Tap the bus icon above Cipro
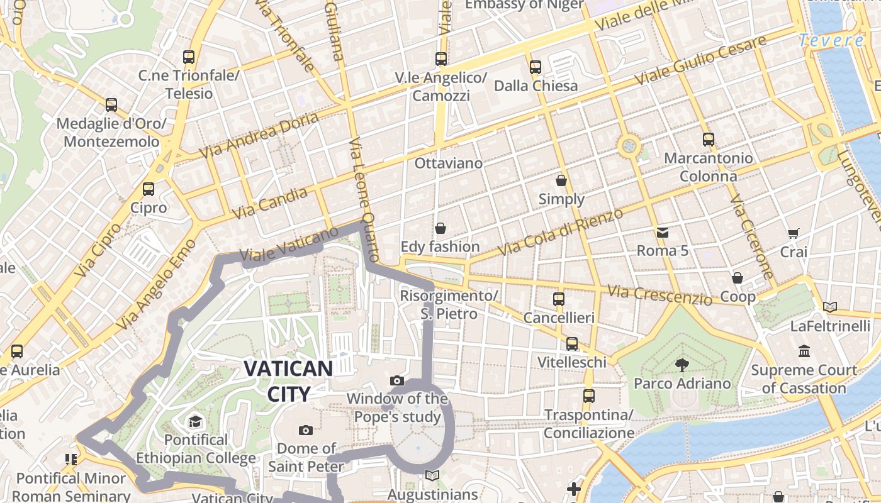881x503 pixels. (149, 189)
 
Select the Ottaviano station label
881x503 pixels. (449, 163)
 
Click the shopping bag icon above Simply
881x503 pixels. (561, 181)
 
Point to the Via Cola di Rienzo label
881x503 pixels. (560, 231)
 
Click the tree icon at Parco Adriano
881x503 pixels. (682, 365)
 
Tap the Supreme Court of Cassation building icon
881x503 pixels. (804, 351)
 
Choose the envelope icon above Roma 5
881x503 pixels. (663, 233)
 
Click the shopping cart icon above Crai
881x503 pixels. (794, 233)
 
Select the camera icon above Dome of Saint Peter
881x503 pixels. (306, 430)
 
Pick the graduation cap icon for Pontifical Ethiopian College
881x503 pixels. (196, 421)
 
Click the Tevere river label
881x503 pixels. (831, 41)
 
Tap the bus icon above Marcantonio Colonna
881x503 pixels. (709, 140)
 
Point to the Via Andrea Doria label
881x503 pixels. (259, 136)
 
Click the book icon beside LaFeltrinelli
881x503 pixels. (830, 307)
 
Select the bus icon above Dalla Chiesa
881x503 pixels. (536, 67)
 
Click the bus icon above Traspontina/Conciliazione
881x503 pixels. (589, 396)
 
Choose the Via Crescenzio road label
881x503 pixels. (659, 294)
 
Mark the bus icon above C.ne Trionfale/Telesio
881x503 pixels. (189, 57)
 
